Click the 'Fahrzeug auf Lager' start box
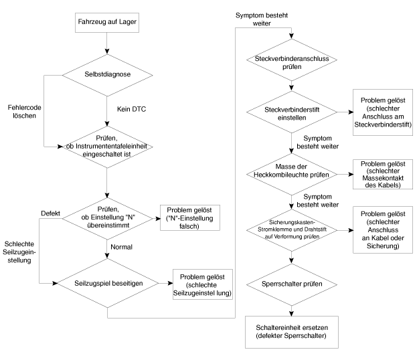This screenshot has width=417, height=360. [x=107, y=23]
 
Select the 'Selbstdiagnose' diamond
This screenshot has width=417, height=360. [x=107, y=75]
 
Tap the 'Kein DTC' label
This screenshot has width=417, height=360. [x=131, y=109]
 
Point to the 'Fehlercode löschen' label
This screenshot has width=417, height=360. [x=24, y=111]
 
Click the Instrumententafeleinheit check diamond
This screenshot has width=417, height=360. [x=107, y=147]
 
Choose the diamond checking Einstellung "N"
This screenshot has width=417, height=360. [x=107, y=219]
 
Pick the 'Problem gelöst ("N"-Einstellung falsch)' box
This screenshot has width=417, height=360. [x=190, y=217]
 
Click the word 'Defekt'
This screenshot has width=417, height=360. [x=50, y=213]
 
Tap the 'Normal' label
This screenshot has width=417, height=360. [x=121, y=247]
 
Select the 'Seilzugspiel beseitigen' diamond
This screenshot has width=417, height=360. [x=108, y=283]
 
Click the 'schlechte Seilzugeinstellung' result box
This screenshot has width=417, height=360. [x=203, y=284]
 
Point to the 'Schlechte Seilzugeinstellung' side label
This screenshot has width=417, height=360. [x=19, y=252]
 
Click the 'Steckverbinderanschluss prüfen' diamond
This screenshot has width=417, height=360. [x=292, y=60]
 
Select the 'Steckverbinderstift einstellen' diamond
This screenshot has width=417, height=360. [x=292, y=112]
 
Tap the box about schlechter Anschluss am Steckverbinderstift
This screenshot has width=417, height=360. [x=383, y=112]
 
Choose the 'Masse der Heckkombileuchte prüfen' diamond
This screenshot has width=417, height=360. [x=292, y=175]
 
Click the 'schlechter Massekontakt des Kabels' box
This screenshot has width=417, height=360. [x=383, y=175]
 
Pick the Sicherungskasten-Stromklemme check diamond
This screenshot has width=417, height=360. [x=292, y=230]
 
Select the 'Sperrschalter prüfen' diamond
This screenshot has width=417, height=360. [x=292, y=284]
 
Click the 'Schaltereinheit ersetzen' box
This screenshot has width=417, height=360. [x=292, y=332]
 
